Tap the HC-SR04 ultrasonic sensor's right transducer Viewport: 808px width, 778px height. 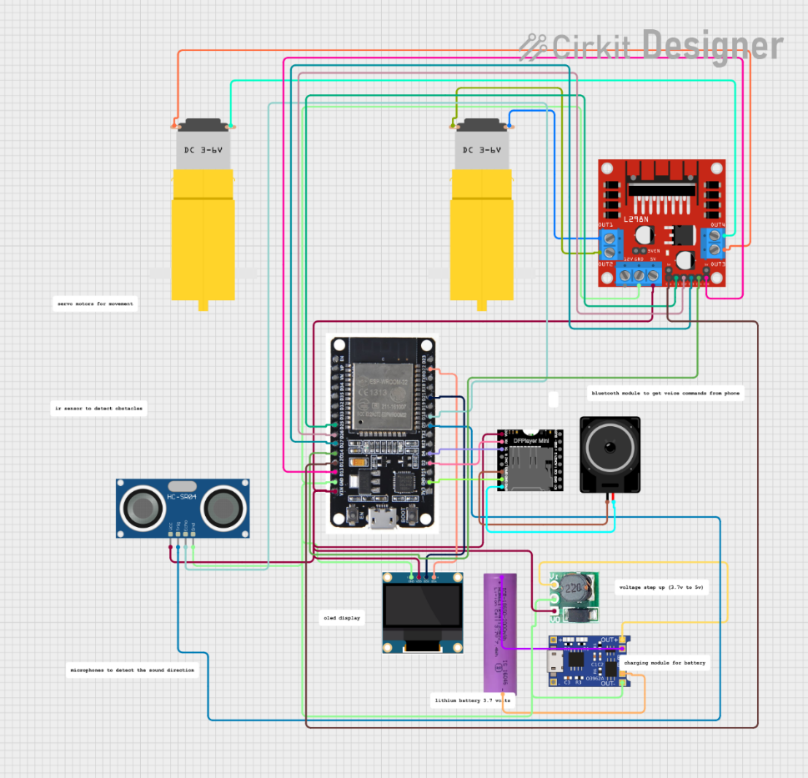point(223,506)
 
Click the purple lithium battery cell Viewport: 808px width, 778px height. point(503,634)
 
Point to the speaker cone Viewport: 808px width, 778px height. point(610,451)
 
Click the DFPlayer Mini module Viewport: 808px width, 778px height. point(529,460)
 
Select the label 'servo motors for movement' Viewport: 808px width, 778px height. point(94,304)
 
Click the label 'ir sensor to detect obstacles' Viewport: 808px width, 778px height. point(98,409)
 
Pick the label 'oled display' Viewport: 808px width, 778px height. point(342,618)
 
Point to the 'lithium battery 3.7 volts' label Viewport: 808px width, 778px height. point(472,701)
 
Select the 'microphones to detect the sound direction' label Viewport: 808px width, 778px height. point(132,670)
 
